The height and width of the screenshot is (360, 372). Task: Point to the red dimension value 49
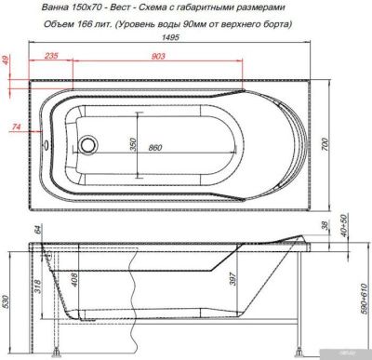click(x=7, y=63)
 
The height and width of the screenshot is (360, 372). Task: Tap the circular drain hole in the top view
click(x=88, y=146)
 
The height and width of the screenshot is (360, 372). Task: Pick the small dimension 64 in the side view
click(x=38, y=230)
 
